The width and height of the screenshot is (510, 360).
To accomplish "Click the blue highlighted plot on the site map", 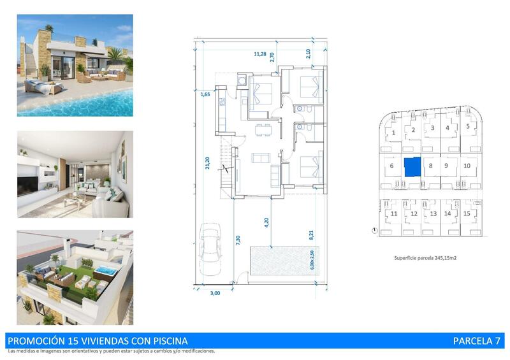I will [x=412, y=166].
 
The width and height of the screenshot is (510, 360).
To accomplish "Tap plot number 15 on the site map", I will [x=467, y=213].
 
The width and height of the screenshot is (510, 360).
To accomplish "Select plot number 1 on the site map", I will [x=394, y=133].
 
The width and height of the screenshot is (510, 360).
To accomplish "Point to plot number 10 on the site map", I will [x=467, y=166].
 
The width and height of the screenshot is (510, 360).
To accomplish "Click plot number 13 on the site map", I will [x=433, y=214].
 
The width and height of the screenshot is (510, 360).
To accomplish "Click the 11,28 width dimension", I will [x=260, y=54].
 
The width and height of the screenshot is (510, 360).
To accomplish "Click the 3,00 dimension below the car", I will [x=215, y=293].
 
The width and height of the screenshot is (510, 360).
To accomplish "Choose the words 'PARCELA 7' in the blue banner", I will [x=476, y=341].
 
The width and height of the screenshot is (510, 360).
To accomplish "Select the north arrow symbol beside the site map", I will [x=372, y=230].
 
